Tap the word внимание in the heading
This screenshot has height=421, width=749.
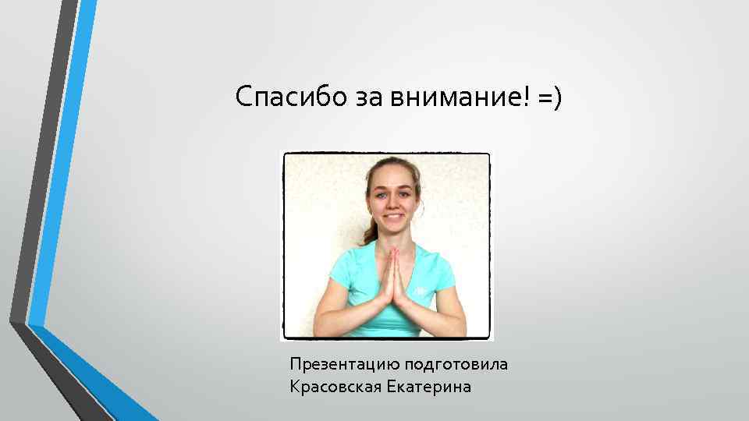point(442,98)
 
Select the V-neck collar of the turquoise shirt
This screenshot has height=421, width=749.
point(394,249)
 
